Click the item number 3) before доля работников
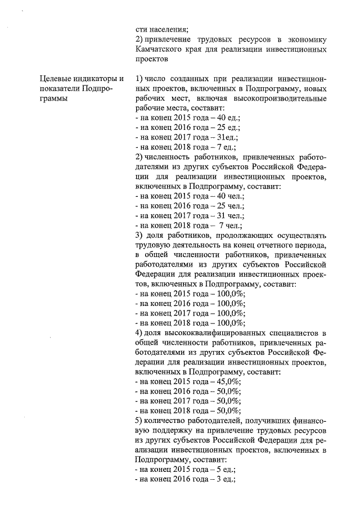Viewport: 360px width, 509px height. (x=140, y=235)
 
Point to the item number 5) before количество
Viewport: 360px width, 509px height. (x=140, y=420)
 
